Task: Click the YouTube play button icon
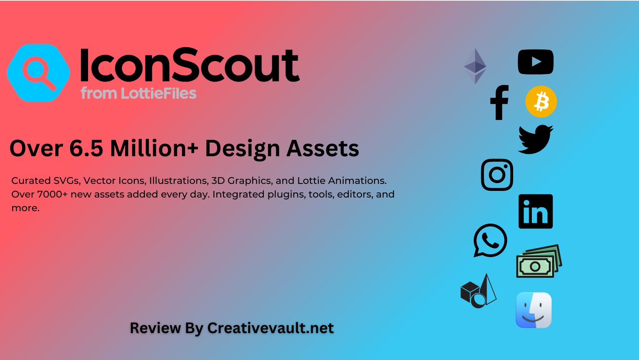click(535, 62)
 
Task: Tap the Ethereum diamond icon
click(475, 66)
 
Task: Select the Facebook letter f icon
click(500, 102)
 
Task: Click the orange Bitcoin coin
click(541, 102)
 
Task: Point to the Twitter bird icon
click(535, 139)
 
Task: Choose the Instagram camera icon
click(497, 175)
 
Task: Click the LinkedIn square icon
click(535, 212)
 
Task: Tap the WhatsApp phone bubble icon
click(490, 240)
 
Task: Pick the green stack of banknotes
click(538, 261)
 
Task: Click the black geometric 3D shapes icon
click(478, 292)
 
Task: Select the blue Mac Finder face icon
click(533, 310)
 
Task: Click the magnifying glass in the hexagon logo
click(39, 73)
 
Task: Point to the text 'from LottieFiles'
click(138, 94)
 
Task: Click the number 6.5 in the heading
click(86, 148)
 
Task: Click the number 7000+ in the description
click(52, 194)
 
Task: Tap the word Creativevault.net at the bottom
click(270, 328)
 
